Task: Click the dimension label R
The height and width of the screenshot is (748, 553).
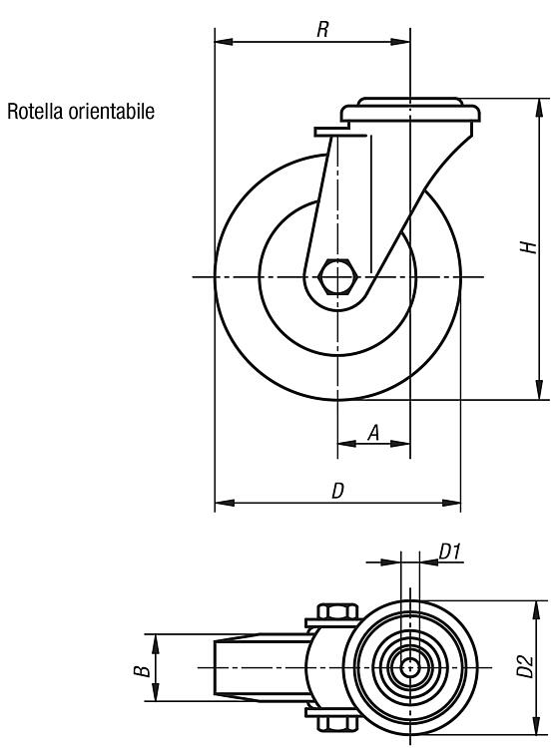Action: [322, 30]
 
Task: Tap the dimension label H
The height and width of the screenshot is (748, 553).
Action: [530, 247]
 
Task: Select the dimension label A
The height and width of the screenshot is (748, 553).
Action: [373, 433]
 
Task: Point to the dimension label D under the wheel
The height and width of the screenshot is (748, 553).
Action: [337, 491]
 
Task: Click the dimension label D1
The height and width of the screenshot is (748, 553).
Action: [449, 552]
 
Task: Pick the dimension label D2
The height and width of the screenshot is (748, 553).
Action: [525, 666]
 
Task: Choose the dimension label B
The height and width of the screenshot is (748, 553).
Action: [142, 671]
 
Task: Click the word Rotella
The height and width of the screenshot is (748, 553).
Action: [35, 111]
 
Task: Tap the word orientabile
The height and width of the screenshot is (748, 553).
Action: [112, 111]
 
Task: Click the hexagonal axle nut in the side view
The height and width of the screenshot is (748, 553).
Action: [337, 276]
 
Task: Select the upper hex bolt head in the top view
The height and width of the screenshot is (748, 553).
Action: [337, 611]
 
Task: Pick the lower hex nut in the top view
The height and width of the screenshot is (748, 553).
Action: [337, 724]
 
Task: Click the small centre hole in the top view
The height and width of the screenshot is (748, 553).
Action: [409, 667]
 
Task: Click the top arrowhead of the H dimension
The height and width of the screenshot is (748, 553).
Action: [539, 108]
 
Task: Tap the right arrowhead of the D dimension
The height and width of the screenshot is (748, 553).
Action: [451, 503]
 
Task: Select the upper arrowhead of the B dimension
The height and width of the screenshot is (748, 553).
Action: [156, 643]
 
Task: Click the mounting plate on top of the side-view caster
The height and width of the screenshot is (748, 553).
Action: [410, 111]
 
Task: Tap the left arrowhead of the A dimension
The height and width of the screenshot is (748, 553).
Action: [346, 444]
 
